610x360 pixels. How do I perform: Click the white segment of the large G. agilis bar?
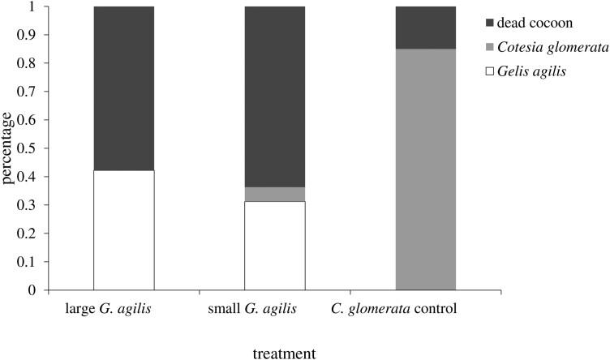click(124, 229)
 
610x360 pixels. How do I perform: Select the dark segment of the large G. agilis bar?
click(124, 88)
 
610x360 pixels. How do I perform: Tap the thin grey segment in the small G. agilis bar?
click(275, 194)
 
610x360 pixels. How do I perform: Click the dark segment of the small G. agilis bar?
click(275, 96)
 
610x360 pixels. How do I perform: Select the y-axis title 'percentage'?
click(9, 148)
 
